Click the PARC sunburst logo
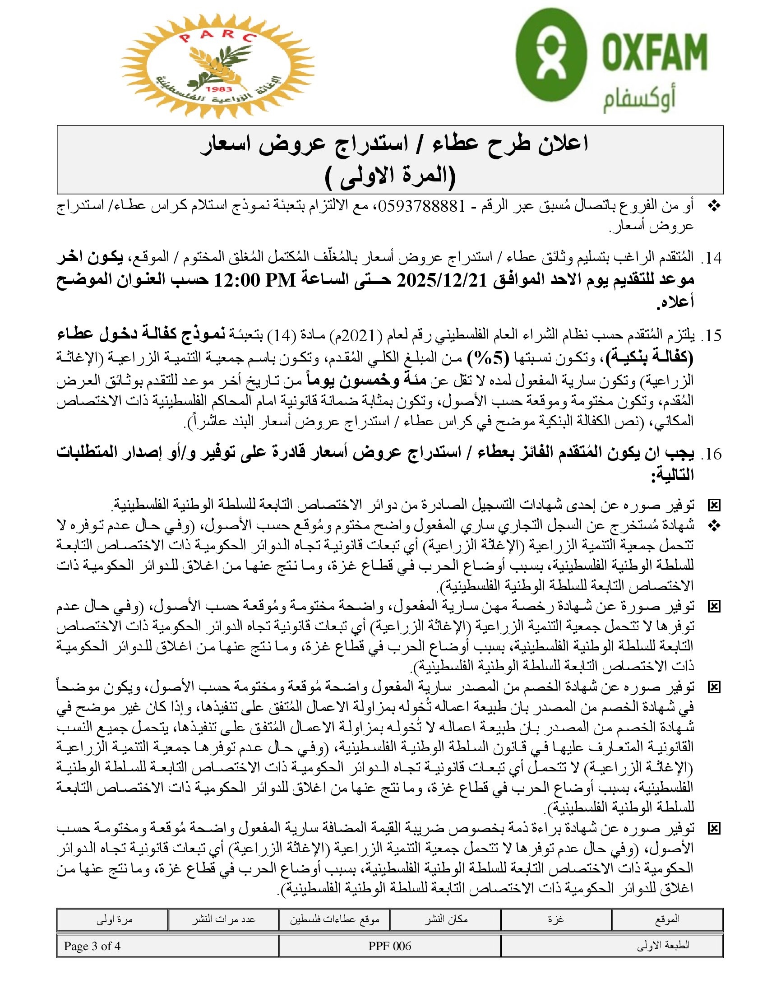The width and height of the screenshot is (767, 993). point(217,66)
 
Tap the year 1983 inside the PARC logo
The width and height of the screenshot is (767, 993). point(218,89)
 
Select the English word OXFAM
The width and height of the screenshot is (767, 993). point(654,51)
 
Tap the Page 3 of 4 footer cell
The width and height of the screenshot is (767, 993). point(92,946)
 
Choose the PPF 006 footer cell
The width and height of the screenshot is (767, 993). point(390,946)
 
